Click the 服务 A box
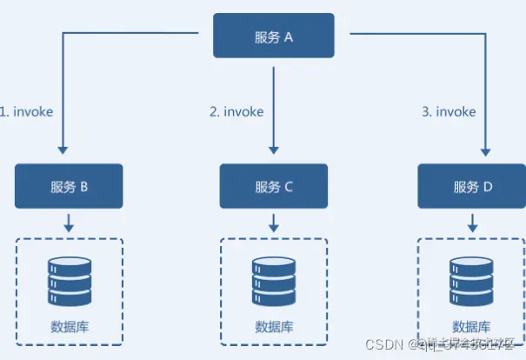pos(274,37)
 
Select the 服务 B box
pos(69,186)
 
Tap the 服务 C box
pos(274,186)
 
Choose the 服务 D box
pos(473,186)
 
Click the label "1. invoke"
pos(28,112)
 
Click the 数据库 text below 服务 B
pos(69,327)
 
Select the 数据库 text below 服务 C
pos(274,327)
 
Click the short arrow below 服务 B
pos(69,223)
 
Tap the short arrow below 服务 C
pos(274,223)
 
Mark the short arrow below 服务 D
pos(473,223)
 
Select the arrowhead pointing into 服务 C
pos(274,150)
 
